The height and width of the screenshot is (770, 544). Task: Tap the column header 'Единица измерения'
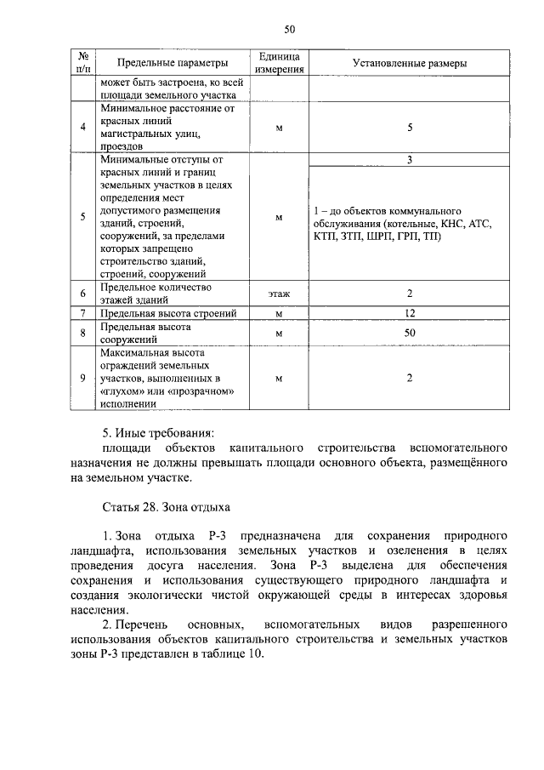[x=280, y=63]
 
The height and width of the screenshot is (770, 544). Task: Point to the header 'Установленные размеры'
[x=409, y=63]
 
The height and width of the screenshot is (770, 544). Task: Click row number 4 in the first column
[x=82, y=128]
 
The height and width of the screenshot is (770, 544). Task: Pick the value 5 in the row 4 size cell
[x=409, y=128]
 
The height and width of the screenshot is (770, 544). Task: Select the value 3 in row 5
[x=409, y=160]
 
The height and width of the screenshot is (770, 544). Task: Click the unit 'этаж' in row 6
[x=280, y=294]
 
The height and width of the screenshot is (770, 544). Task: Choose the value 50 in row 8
[x=409, y=333]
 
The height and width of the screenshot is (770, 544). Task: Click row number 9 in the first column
[x=82, y=378]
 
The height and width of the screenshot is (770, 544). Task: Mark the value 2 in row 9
[x=409, y=378]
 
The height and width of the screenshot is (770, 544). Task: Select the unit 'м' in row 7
[x=280, y=314]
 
